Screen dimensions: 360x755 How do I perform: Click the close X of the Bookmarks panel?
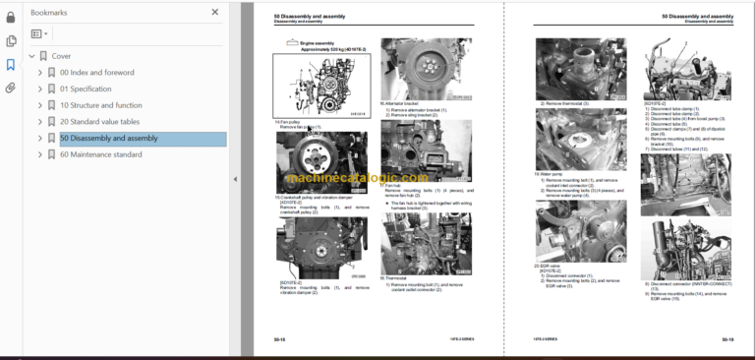tap(215, 13)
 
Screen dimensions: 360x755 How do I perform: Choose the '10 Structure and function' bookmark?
tap(100, 105)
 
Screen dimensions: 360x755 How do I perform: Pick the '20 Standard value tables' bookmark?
tap(99, 121)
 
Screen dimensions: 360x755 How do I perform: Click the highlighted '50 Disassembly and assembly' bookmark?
tap(108, 138)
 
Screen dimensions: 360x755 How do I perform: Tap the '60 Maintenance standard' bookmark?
tap(100, 153)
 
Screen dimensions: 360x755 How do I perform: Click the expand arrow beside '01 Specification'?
tap(39, 89)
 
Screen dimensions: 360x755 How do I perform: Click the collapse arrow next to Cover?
tap(31, 57)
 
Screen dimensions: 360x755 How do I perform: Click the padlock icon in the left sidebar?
tap(11, 13)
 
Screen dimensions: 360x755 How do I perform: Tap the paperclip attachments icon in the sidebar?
tap(11, 88)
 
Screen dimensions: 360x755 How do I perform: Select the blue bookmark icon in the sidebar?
tap(11, 64)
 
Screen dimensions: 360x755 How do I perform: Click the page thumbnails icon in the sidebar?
tap(11, 40)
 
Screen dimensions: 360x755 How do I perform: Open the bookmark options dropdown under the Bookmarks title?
tap(40, 33)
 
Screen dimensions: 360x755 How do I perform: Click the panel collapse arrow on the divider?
tap(234, 179)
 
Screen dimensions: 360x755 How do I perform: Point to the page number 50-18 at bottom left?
tap(280, 339)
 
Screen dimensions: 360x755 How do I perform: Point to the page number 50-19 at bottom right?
tap(726, 339)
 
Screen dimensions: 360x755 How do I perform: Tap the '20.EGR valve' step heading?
tap(548, 266)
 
